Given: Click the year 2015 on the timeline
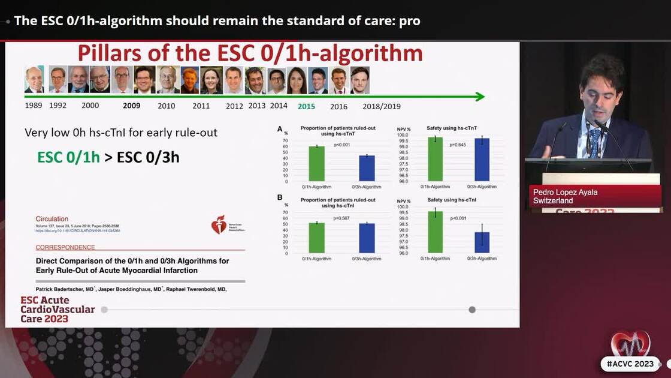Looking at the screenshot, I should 306,106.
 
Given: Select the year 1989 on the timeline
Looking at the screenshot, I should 34,106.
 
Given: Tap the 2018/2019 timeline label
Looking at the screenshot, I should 382,106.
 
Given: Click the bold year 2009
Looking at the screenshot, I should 131,106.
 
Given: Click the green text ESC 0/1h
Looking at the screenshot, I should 68,157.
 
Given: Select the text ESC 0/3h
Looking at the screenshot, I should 148,157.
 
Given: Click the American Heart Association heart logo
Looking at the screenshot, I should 219,225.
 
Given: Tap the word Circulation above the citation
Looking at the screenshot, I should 52,219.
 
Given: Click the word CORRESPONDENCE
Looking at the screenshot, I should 65,247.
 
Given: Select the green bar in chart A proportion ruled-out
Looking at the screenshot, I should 316,164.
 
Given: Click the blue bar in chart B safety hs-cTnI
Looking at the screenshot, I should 482,242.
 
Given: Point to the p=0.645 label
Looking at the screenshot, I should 458,145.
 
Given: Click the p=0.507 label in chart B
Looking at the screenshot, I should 341,218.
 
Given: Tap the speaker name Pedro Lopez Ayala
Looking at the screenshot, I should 565,192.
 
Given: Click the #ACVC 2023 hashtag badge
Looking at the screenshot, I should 630,364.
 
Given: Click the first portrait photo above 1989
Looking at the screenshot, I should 34,79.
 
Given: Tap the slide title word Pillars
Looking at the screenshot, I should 115,54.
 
